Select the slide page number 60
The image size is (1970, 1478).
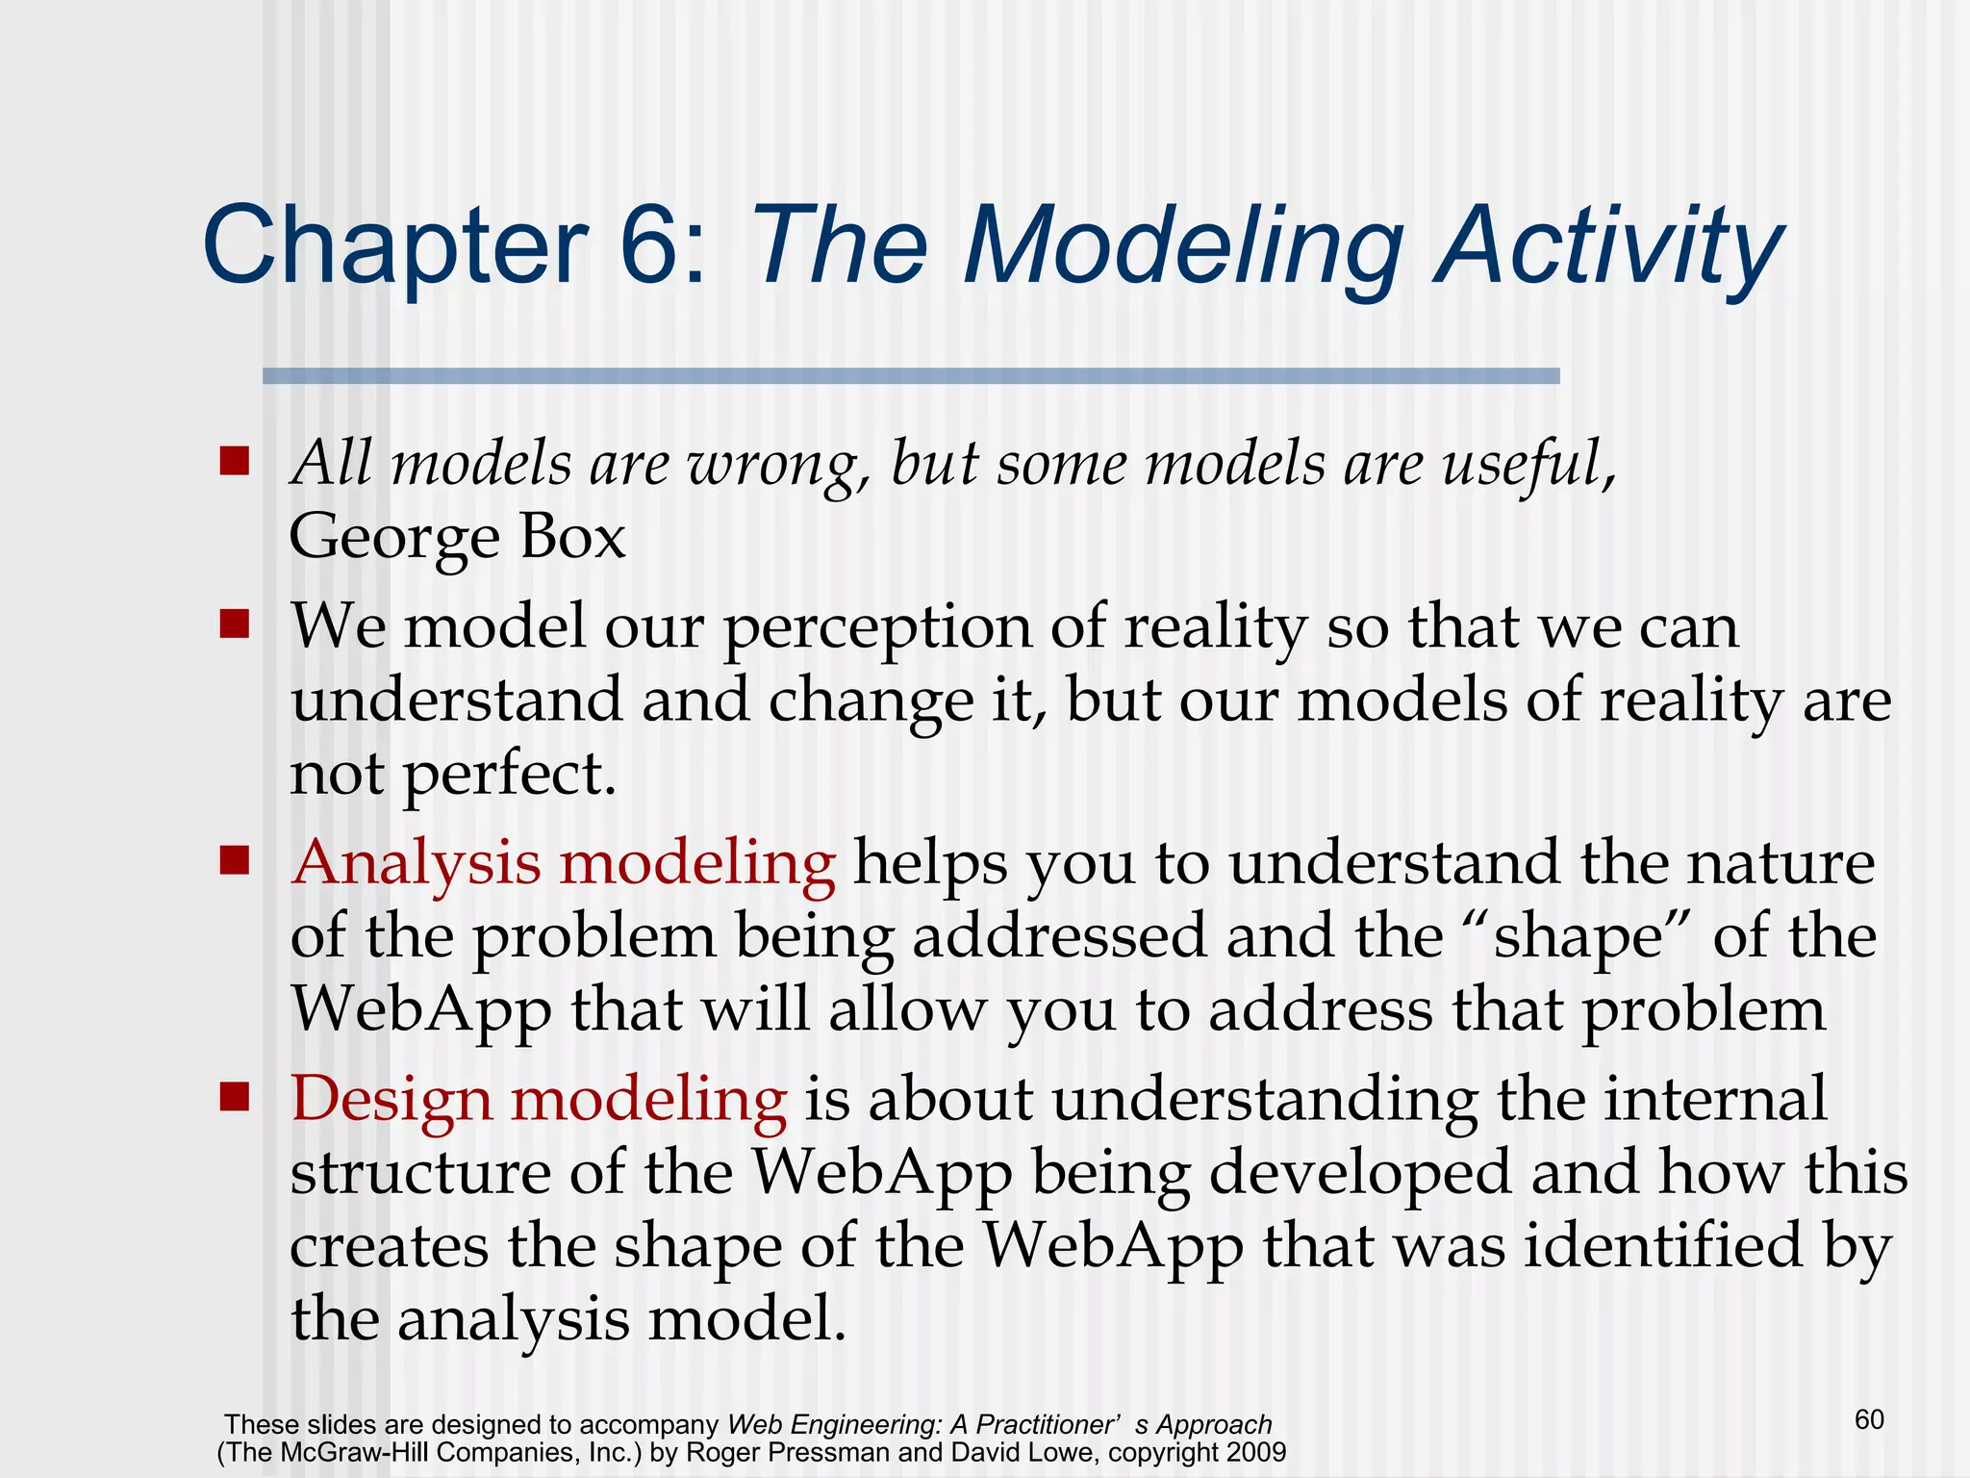tap(1869, 1419)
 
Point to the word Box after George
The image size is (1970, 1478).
tap(573, 537)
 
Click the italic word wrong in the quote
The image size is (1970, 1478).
tap(771, 466)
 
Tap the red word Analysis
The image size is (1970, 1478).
tap(417, 863)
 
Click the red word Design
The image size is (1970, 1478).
tap(391, 1100)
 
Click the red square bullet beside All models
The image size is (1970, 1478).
tap(234, 461)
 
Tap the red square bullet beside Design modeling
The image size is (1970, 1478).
tap(234, 1096)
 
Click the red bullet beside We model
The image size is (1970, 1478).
tap(234, 624)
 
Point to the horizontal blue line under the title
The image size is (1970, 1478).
tap(910, 376)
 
